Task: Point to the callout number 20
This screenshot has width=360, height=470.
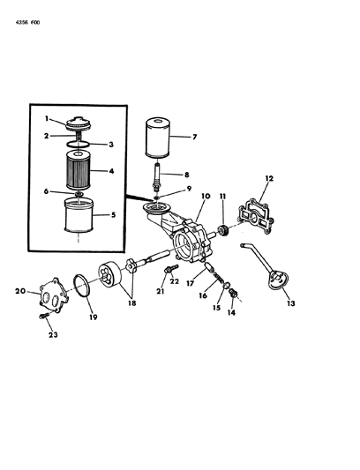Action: pos(19,290)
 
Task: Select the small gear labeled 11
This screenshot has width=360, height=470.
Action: pos(223,233)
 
